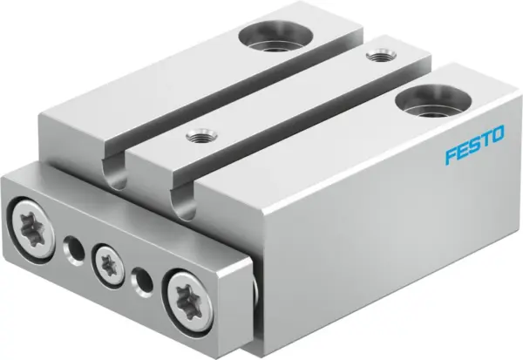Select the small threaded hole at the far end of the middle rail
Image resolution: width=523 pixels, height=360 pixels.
377,57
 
